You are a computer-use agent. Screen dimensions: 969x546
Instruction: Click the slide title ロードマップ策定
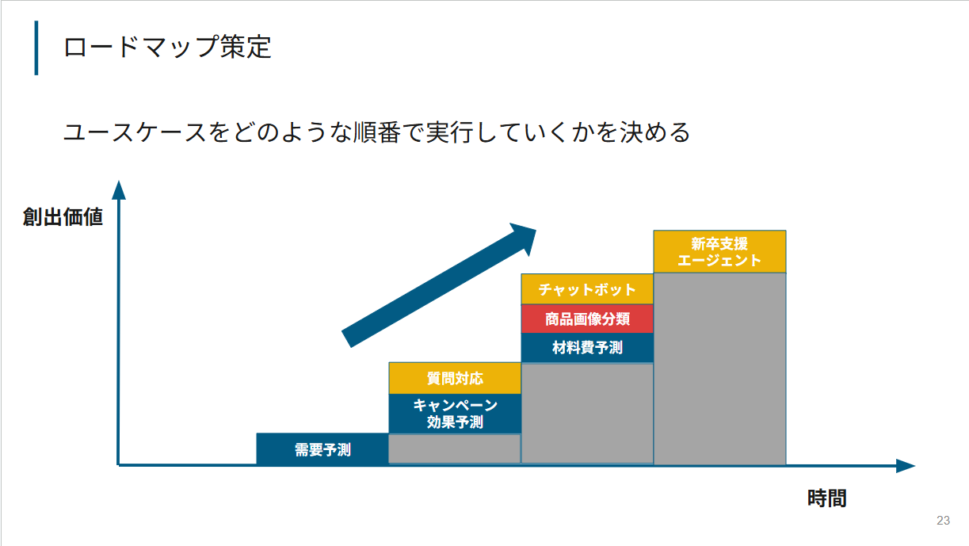(167, 47)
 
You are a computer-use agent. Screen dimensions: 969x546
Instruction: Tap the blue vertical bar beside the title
(36, 48)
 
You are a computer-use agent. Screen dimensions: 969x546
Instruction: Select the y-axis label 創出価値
(63, 217)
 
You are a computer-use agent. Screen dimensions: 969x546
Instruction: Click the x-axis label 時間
(826, 498)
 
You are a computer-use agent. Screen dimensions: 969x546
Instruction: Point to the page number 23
(943, 520)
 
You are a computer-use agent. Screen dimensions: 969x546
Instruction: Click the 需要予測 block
(322, 449)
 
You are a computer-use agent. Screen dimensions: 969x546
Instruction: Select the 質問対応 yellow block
(455, 378)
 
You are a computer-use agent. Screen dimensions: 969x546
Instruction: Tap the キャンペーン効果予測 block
(455, 414)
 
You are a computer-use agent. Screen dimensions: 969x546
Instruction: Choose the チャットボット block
(587, 289)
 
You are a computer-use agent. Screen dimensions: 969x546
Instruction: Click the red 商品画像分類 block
(587, 319)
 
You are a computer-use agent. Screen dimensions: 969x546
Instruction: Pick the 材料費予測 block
(587, 348)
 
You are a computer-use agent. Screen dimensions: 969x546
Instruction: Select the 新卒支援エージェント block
(720, 252)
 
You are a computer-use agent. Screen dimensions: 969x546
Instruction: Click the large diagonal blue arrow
(439, 285)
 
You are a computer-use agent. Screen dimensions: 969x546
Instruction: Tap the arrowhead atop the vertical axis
(119, 190)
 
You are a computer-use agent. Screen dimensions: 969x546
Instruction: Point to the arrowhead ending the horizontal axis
(906, 466)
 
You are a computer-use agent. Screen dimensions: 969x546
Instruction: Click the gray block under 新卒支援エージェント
(720, 369)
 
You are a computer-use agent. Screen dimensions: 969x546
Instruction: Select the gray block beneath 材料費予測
(587, 414)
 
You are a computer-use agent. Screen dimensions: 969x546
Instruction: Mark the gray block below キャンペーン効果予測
(455, 449)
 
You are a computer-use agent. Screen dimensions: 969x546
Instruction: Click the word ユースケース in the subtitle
(135, 132)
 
